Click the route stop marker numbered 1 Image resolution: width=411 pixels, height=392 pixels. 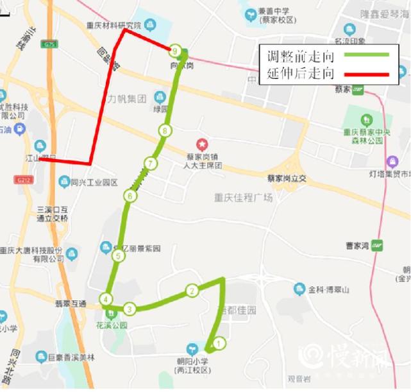(219, 343)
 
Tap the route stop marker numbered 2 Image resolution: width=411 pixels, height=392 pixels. (191, 291)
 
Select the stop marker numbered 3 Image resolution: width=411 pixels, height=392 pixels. (130, 309)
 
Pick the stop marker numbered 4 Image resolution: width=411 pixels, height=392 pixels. (106, 299)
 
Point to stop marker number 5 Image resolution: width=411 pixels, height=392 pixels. (117, 256)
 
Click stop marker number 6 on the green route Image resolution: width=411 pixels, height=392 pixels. (130, 196)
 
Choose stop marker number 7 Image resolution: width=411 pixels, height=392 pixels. (150, 163)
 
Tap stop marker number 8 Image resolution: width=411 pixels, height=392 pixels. (165, 132)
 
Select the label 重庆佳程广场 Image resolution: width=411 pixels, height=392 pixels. (243, 198)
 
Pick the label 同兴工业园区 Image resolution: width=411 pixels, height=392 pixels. (94, 183)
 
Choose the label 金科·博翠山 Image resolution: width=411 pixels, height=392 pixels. (328, 290)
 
